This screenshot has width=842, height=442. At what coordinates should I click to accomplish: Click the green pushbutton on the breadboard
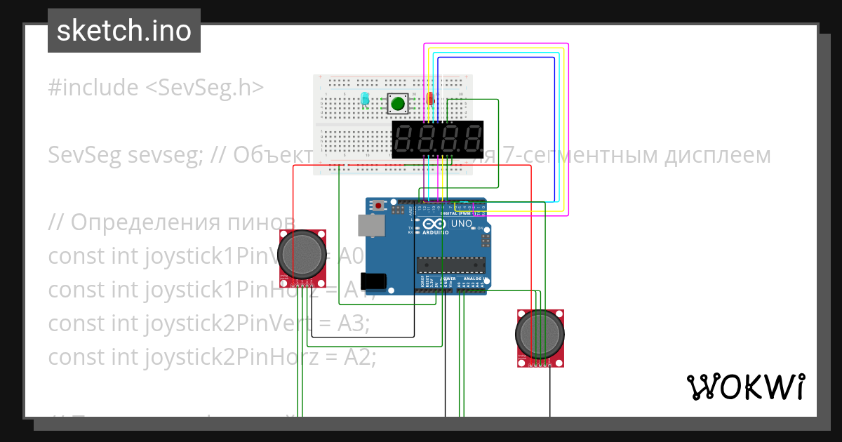click(x=398, y=105)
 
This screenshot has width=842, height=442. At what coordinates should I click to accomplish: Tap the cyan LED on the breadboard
click(x=365, y=100)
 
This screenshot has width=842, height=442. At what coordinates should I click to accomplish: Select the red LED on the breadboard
click(x=430, y=100)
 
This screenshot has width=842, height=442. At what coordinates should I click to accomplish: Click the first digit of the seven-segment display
click(x=406, y=139)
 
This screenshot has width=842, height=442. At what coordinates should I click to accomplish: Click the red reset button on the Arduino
click(x=379, y=206)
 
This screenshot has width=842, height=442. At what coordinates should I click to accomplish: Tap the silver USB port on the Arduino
click(x=371, y=225)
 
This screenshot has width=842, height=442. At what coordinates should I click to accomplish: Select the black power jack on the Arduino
click(x=373, y=281)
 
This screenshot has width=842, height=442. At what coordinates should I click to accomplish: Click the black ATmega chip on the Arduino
click(x=451, y=264)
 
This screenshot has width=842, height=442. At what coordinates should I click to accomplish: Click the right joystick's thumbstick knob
click(x=540, y=333)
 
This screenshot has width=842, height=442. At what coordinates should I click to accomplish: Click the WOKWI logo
click(x=745, y=387)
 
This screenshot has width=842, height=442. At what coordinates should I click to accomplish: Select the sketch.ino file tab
click(x=124, y=31)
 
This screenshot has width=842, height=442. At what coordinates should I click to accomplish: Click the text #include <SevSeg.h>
click(x=156, y=88)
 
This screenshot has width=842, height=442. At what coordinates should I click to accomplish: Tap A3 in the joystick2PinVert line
click(x=354, y=323)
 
